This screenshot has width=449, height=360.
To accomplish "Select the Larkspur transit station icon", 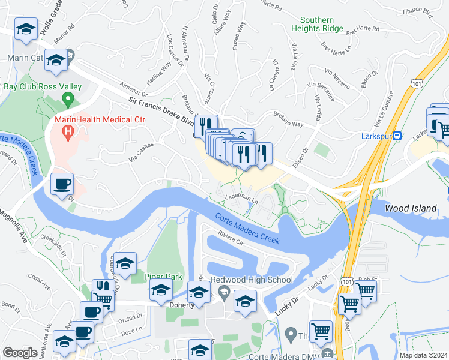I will point(396,136).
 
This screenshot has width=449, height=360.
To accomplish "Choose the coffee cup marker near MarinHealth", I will point(62,183).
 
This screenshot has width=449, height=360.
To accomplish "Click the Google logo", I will point(20,352).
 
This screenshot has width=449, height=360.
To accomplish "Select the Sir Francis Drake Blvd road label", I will point(159,109).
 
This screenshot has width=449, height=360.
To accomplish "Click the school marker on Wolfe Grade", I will point(26,30).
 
